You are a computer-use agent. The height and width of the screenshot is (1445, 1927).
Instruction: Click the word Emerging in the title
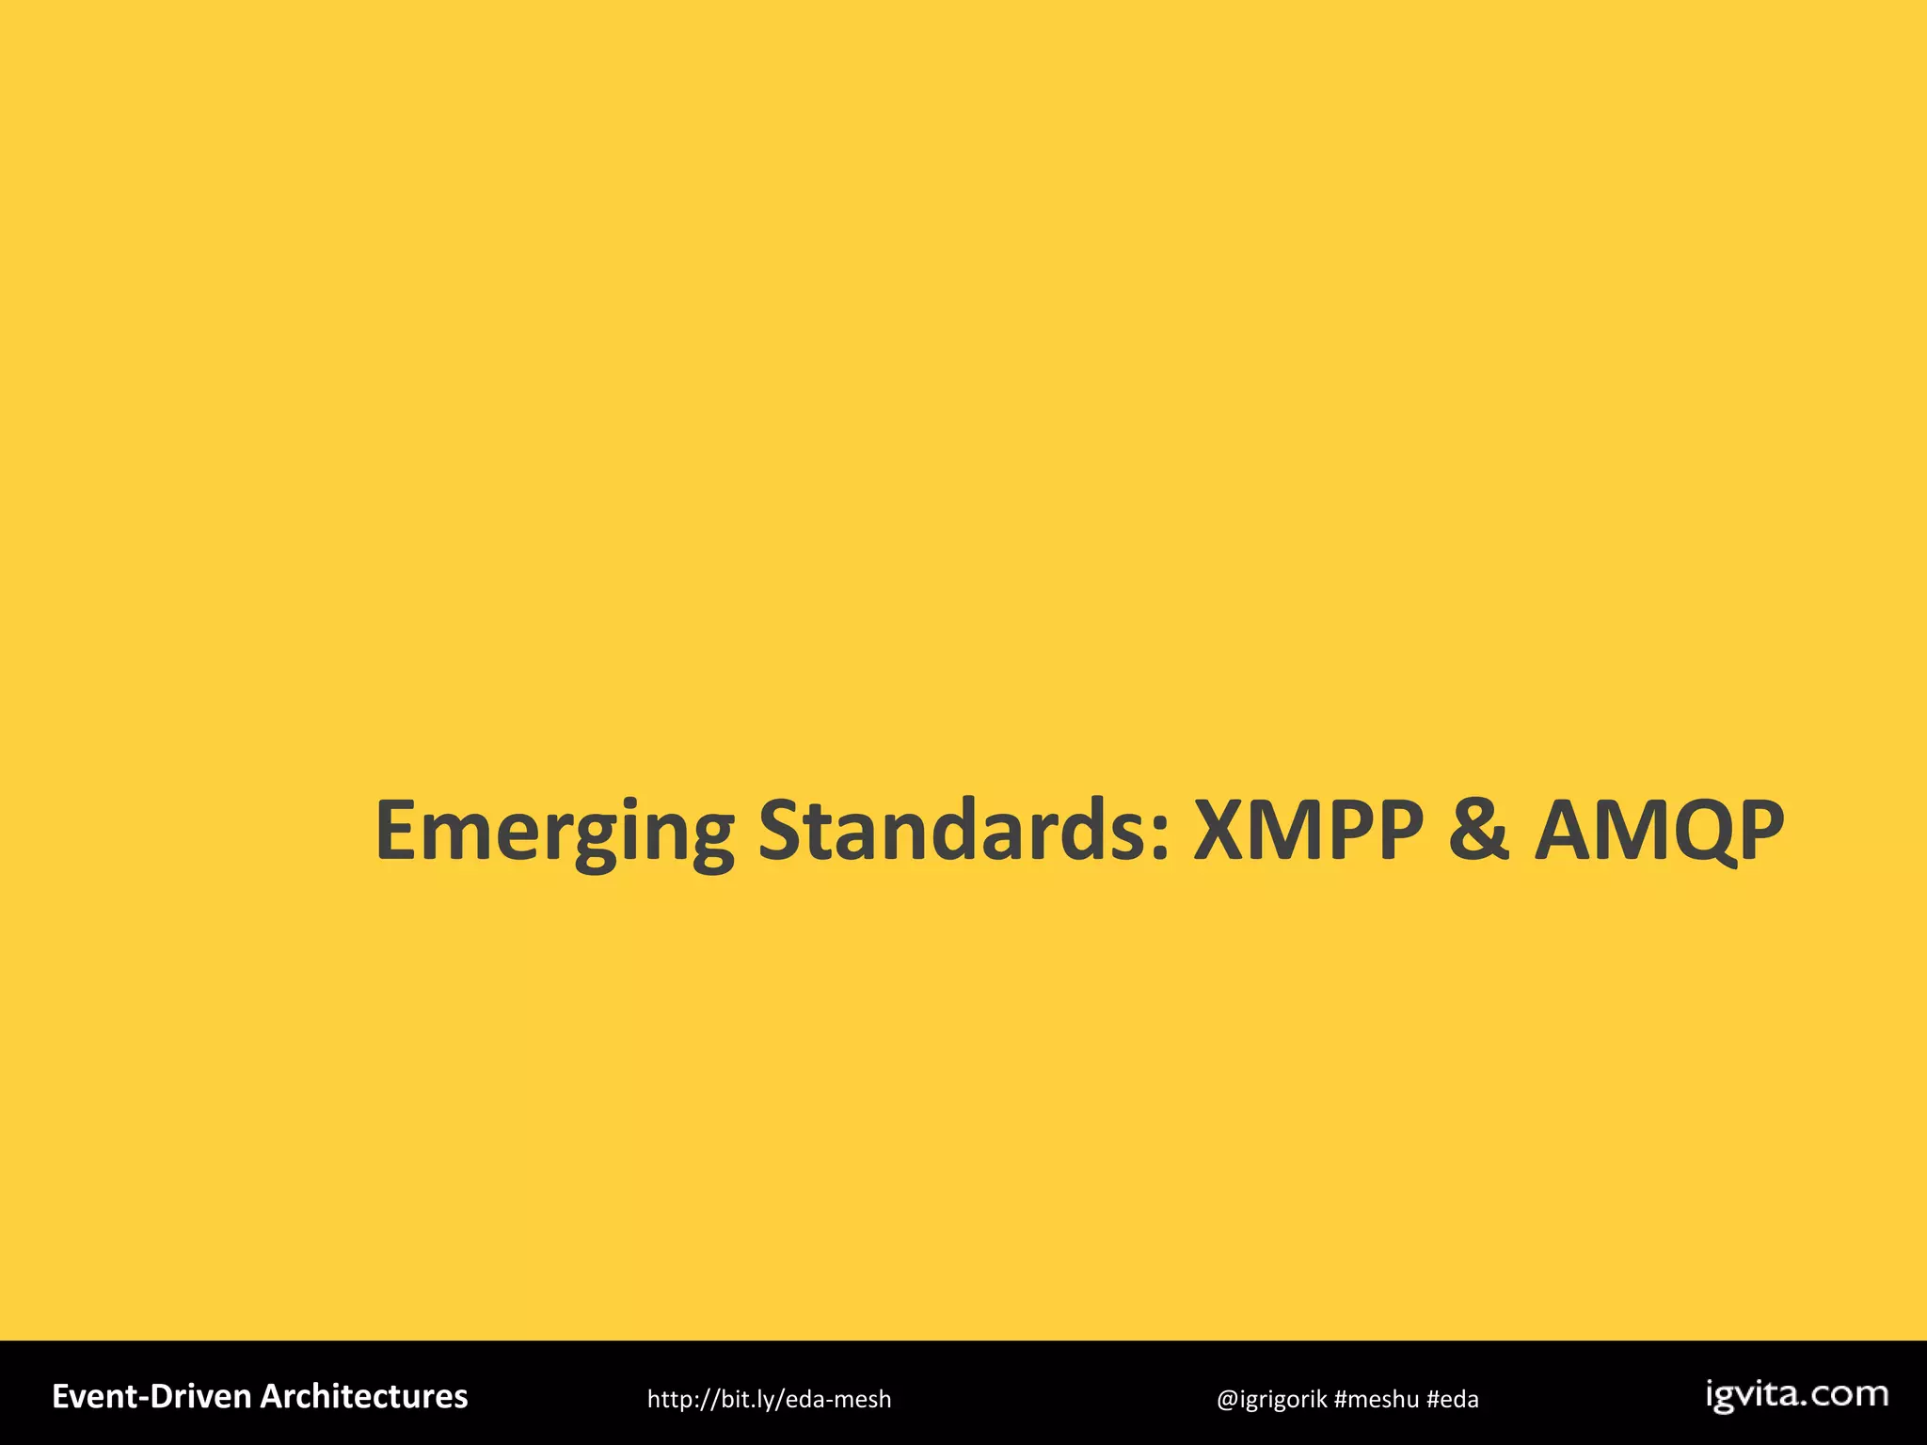tap(554, 832)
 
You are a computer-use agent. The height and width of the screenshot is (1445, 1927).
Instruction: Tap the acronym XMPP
tap(1308, 830)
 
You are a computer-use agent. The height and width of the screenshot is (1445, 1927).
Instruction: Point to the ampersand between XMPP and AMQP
tap(1479, 830)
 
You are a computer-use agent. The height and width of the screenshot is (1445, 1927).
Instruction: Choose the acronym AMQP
tap(1659, 832)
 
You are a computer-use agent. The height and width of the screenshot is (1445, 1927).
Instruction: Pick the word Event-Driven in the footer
tap(151, 1397)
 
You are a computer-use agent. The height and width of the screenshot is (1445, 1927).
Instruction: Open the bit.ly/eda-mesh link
tap(769, 1400)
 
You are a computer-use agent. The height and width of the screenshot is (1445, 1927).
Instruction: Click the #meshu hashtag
tap(1376, 1400)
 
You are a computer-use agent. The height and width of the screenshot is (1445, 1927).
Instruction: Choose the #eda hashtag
tap(1452, 1400)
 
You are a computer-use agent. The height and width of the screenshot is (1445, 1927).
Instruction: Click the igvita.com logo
tap(1796, 1395)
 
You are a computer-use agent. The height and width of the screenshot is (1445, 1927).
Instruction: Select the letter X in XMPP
tap(1224, 830)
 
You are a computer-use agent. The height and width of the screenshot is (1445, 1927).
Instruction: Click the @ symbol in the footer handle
tap(1227, 1400)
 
